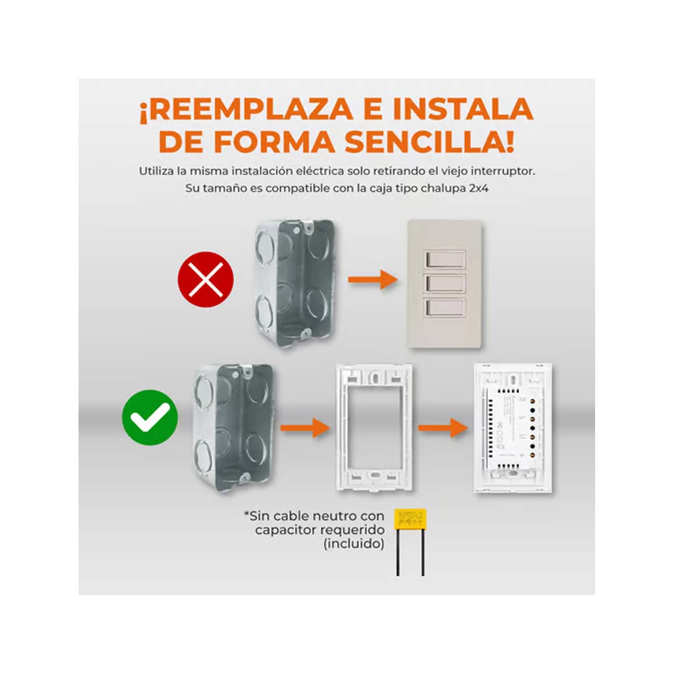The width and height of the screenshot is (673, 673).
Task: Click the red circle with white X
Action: coord(206,279)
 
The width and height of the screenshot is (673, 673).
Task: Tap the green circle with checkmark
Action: coord(150,417)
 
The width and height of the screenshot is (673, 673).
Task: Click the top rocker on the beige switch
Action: coord(446,259)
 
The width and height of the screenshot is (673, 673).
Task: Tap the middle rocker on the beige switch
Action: coord(446,283)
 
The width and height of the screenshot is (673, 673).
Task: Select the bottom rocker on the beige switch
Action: coord(446,307)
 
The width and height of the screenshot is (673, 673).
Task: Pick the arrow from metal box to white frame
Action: coord(304,427)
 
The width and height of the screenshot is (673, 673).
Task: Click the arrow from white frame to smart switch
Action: coord(442,427)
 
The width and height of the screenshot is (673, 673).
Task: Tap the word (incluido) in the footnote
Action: coord(353,544)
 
